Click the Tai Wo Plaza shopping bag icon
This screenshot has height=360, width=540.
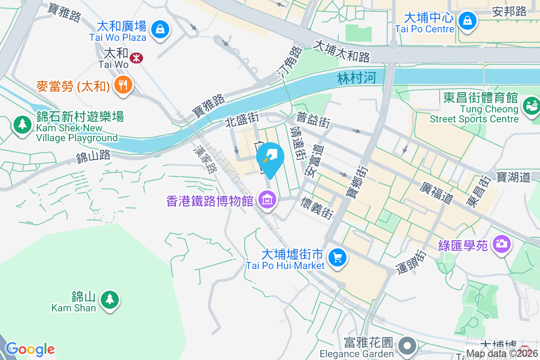tap(159, 30)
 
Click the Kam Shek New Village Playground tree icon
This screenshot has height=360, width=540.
tap(22, 124)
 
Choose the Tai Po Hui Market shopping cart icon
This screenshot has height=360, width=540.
tap(337, 257)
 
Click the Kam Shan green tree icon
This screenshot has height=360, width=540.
tap(108, 299)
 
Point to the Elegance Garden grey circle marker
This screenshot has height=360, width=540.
tap(408, 346)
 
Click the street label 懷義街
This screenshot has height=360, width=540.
tap(318, 207)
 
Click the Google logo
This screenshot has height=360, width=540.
tap(30, 349)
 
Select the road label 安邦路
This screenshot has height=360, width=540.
tap(509, 12)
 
